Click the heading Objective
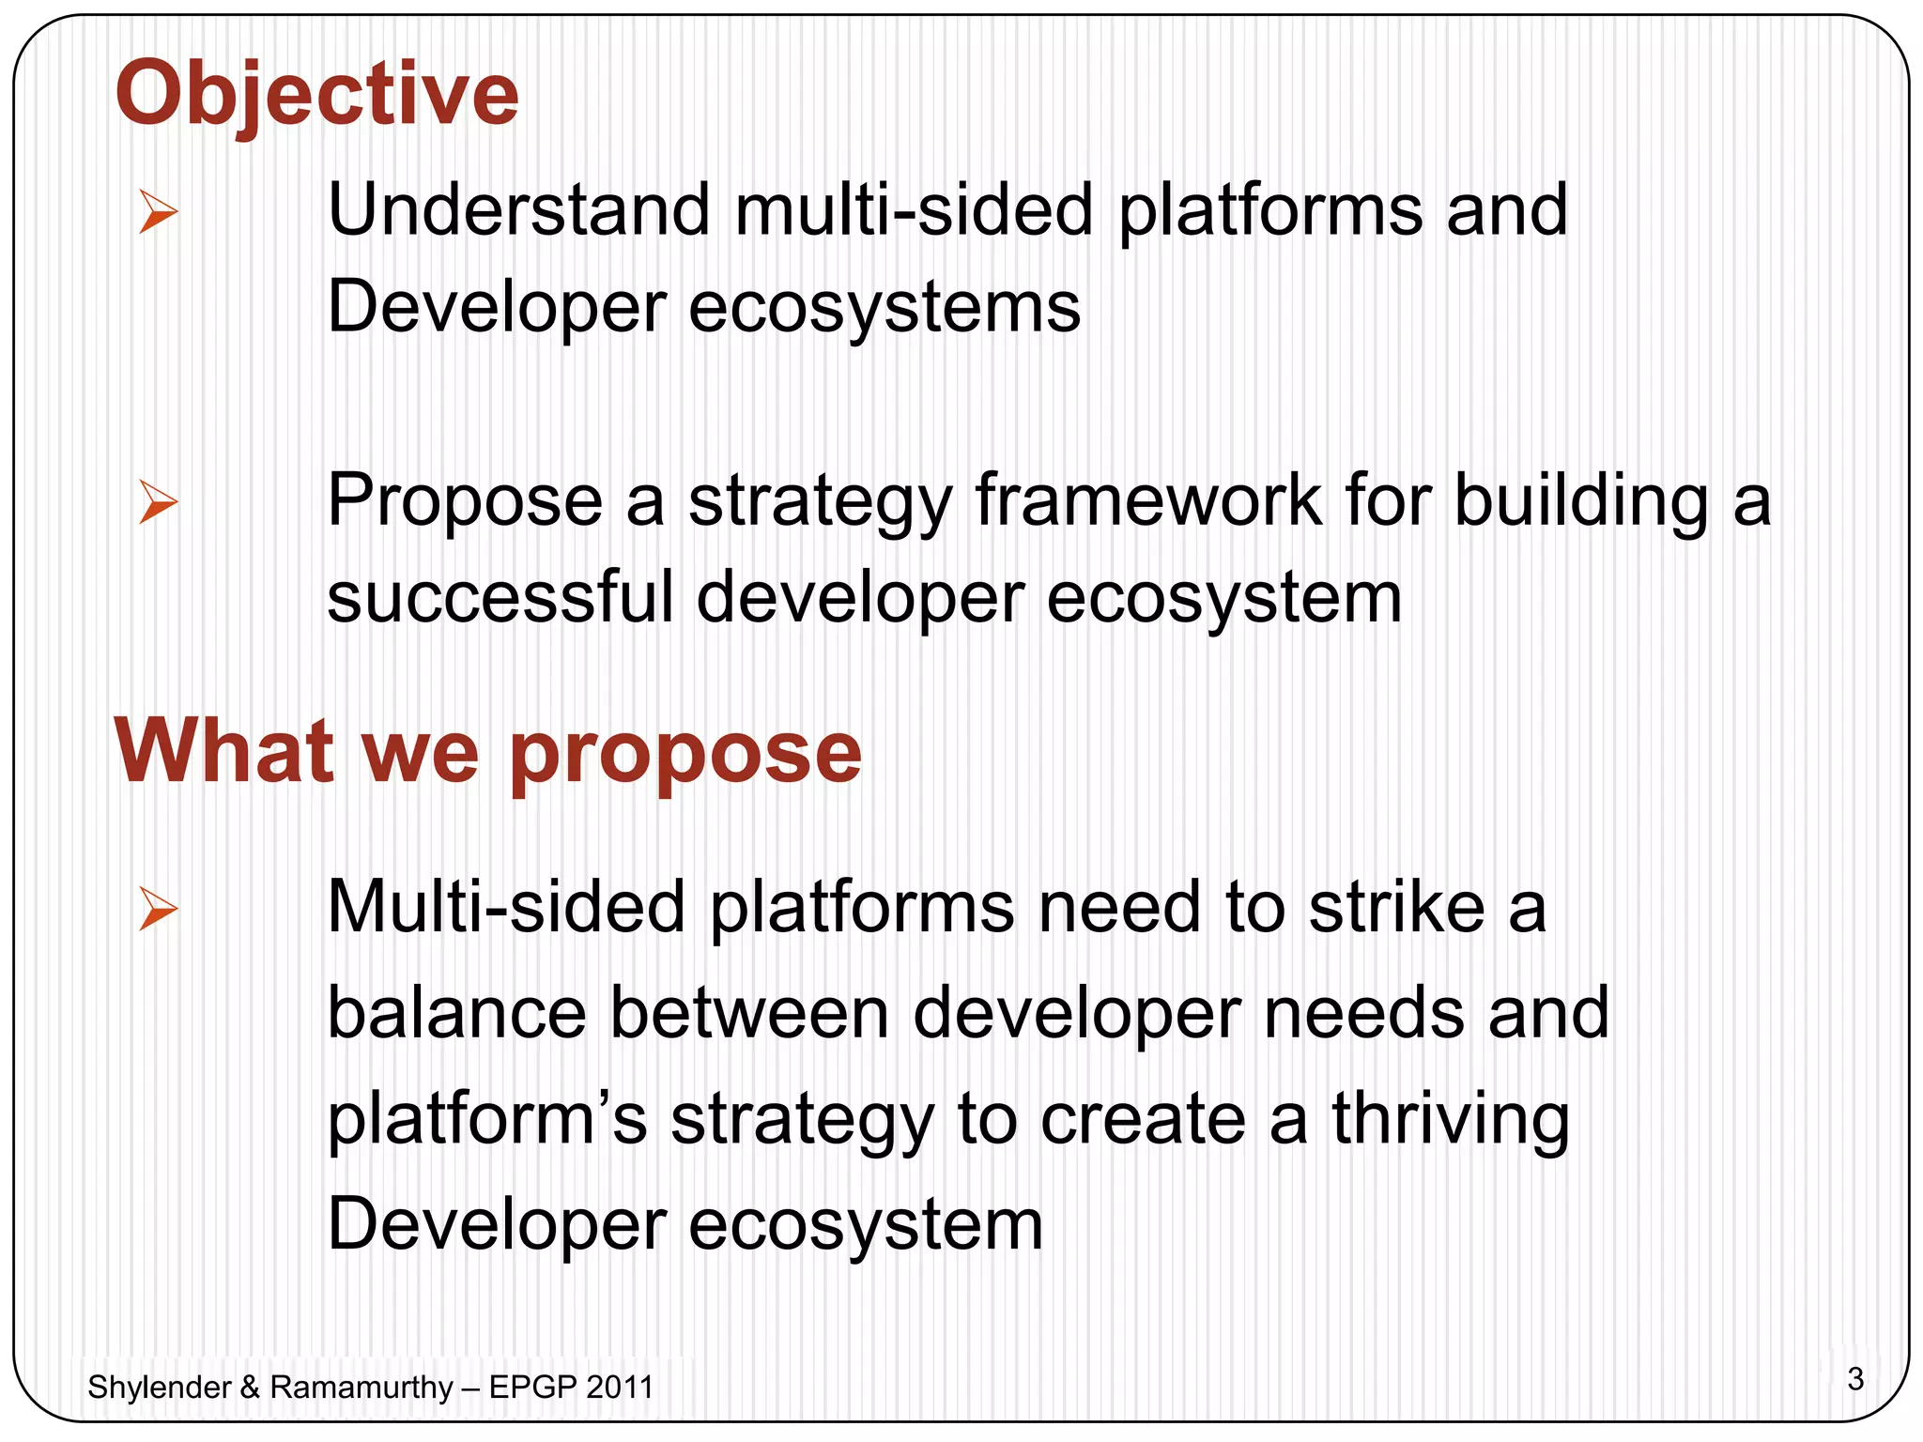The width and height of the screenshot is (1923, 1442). click(x=316, y=94)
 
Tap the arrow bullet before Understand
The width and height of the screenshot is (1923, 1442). click(x=157, y=211)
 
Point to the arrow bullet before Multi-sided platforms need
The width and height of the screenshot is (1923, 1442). click(x=157, y=909)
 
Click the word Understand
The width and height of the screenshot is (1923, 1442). click(x=518, y=210)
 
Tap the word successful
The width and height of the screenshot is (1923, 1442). click(x=500, y=598)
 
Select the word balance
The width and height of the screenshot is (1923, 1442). click(x=457, y=1014)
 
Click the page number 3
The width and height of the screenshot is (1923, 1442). click(x=1854, y=1379)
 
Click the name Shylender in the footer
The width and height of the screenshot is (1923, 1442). click(x=159, y=1388)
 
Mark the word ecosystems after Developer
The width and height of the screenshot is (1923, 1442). click(x=884, y=308)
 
